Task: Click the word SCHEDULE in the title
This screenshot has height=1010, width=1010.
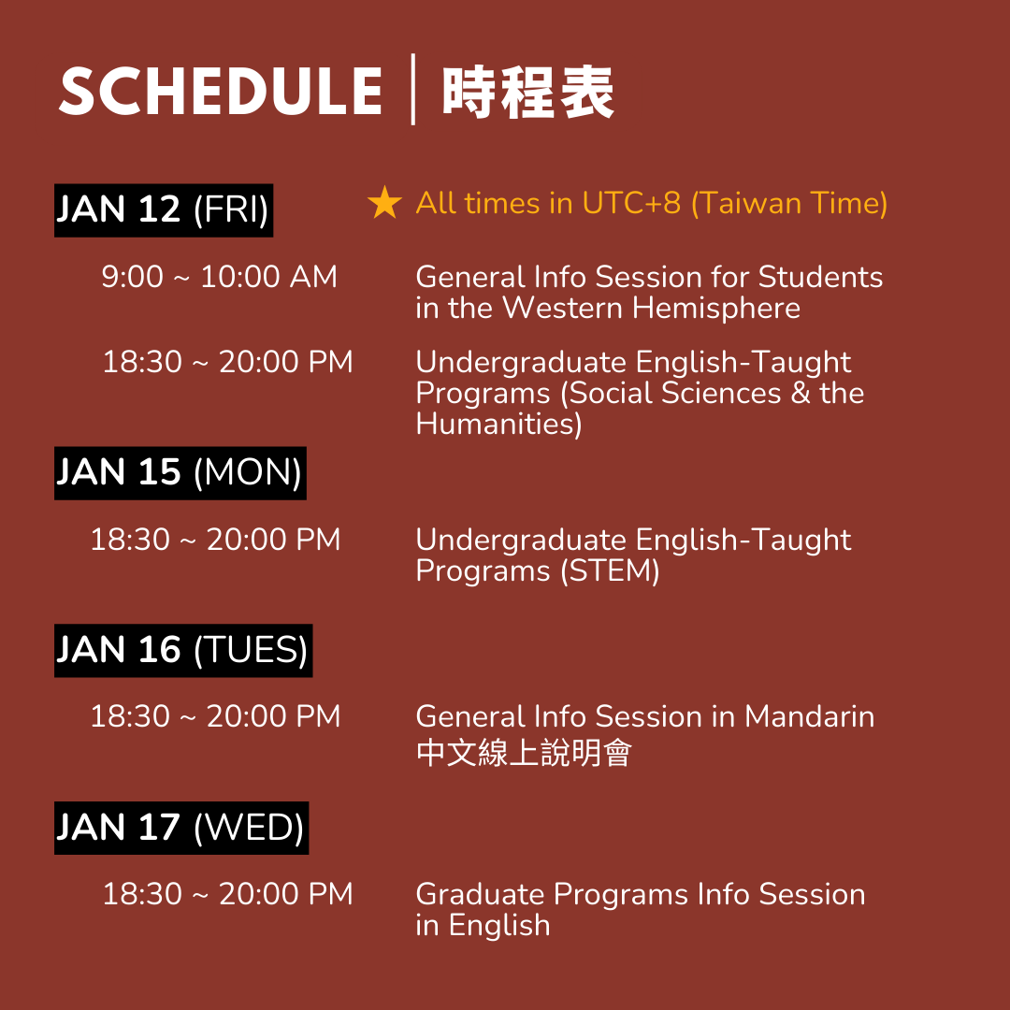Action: point(221,91)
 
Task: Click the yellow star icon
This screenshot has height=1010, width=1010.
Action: point(384,202)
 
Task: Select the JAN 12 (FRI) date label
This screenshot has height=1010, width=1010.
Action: point(164,210)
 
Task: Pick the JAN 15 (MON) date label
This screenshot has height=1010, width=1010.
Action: point(180,473)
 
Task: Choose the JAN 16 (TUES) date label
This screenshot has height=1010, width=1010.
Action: point(183,651)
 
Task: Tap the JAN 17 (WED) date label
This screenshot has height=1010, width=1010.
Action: point(181,828)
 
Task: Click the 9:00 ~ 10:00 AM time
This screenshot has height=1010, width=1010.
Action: point(219,277)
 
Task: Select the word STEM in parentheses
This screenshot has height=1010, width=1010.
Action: point(611,570)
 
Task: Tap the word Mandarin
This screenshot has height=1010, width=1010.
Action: point(810,716)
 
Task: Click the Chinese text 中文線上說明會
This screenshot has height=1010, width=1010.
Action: point(524,752)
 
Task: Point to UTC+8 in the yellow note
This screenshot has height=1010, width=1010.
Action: point(631,203)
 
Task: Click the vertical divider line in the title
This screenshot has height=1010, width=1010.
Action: point(413,90)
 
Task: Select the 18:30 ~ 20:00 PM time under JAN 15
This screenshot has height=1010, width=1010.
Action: point(215,540)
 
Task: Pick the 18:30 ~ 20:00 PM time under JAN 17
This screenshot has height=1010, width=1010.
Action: point(228,894)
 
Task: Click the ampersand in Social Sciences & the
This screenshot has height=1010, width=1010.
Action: point(801,393)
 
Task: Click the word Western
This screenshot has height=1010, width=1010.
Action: point(562,308)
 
